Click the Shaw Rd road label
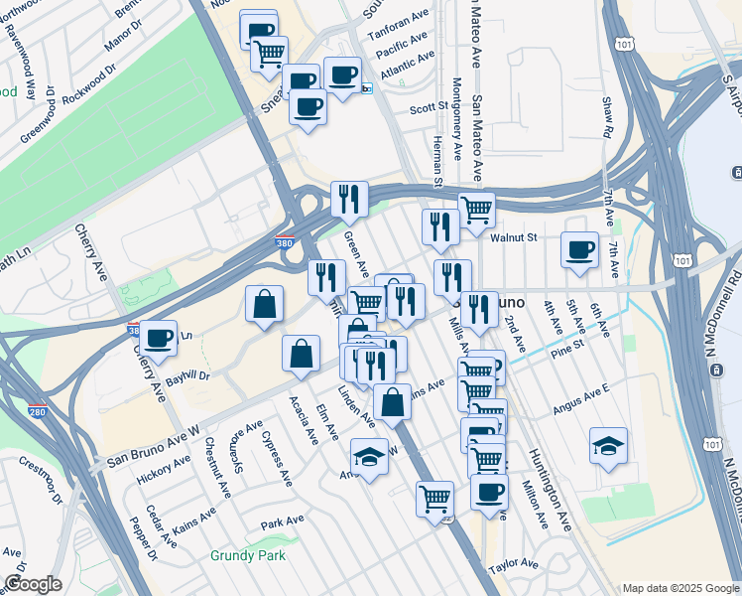click(606, 117)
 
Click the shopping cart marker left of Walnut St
click(476, 210)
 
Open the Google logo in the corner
click(33, 583)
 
